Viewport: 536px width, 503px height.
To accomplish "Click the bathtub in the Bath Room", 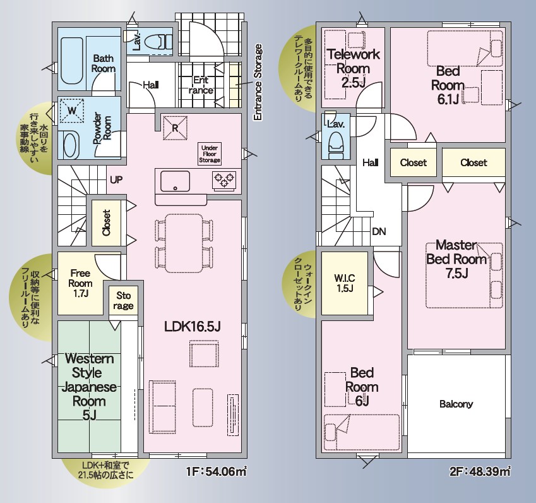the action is click(72, 61).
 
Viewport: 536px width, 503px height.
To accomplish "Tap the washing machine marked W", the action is click(72, 111).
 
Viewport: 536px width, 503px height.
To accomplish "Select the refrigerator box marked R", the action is click(175, 128).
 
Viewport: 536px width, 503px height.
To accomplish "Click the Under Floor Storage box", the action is click(210, 154).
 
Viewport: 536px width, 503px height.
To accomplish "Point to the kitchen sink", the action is click(175, 181).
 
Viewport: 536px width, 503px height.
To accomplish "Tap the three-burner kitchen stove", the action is click(224, 180).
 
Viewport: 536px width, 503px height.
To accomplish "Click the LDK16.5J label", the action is click(193, 327).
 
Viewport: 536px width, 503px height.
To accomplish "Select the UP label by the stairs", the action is click(116, 179).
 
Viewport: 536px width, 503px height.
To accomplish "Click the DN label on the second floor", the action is click(379, 232).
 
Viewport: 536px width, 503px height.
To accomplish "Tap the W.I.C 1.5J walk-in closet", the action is click(345, 283).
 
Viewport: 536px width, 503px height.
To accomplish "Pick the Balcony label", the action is click(456, 404).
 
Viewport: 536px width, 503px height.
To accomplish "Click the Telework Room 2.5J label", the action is click(354, 68).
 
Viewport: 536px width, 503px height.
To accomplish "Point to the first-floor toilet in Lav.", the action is click(159, 42).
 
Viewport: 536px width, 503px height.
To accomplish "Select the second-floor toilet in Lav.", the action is click(336, 145).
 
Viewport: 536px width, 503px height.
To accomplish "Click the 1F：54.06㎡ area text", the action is click(217, 472).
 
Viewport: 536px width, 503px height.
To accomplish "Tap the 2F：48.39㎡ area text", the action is click(480, 472).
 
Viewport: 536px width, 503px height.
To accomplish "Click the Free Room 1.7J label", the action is click(80, 283).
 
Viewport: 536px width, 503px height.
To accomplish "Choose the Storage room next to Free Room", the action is click(123, 300).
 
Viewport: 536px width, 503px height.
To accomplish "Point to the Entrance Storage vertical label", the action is click(258, 82).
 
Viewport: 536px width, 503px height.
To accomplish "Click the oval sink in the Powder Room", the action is click(71, 145).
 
